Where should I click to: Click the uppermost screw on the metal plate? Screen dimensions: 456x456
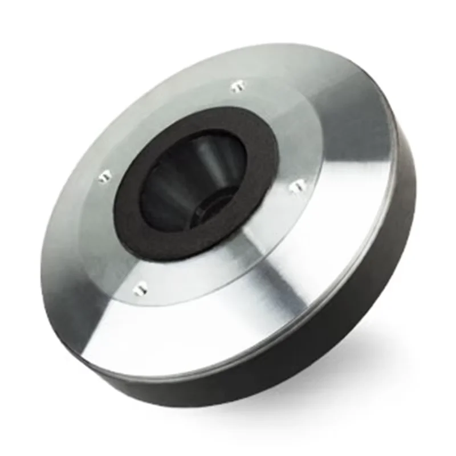point(238,87)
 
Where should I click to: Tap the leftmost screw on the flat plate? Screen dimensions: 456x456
point(104,177)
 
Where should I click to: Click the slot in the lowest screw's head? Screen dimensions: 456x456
point(140,289)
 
